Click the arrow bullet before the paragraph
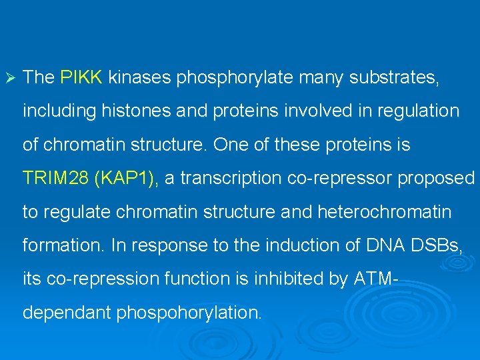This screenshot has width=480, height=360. (9, 77)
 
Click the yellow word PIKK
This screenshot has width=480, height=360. (81, 77)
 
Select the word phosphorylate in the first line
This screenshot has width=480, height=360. (235, 77)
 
